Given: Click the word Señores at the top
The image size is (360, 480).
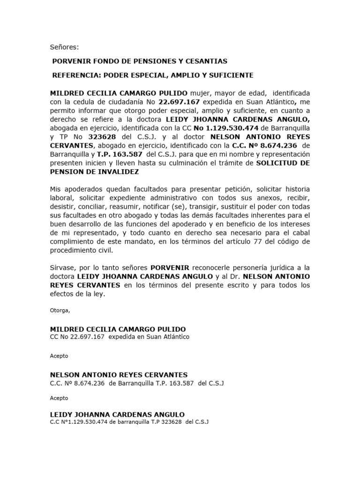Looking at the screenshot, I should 65,47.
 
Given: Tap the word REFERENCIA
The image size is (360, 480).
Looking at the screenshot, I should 76,75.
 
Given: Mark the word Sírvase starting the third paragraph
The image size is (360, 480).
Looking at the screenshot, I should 62,268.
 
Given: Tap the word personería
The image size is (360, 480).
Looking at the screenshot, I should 245,268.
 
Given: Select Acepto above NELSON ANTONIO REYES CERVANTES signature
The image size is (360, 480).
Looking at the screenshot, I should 59,356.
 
